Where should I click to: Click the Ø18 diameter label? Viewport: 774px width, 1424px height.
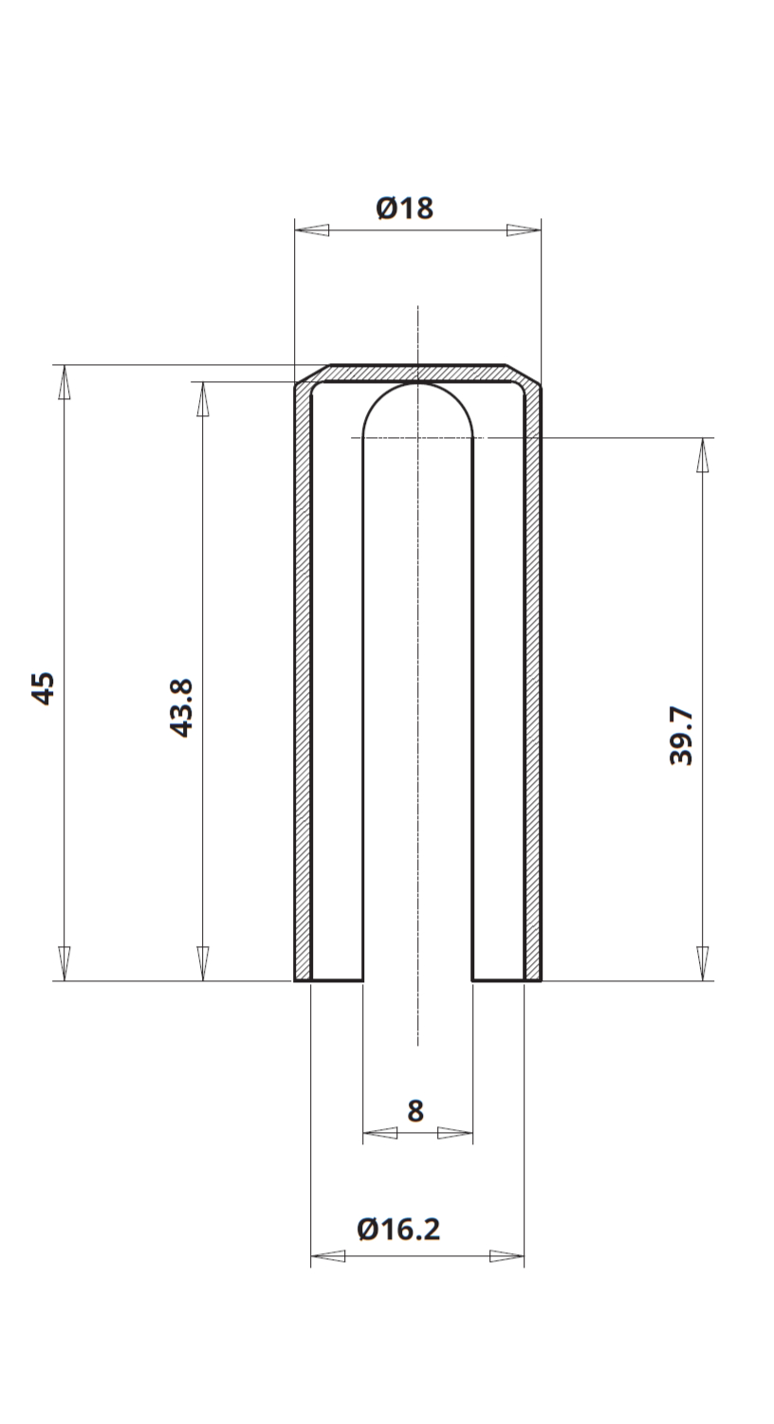click(x=405, y=208)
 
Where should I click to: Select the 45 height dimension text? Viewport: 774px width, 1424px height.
click(x=43, y=688)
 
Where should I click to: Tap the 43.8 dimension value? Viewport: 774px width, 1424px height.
click(x=181, y=708)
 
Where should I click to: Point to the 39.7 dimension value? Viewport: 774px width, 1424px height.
click(x=681, y=736)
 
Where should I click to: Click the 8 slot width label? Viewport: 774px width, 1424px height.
click(x=415, y=1111)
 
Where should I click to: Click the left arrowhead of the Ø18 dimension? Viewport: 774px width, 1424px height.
click(x=312, y=230)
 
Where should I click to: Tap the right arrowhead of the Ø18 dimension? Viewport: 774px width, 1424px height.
click(x=524, y=230)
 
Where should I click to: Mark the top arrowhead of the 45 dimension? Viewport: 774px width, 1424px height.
click(x=64, y=382)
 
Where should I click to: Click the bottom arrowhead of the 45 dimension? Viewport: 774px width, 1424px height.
click(x=64, y=964)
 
